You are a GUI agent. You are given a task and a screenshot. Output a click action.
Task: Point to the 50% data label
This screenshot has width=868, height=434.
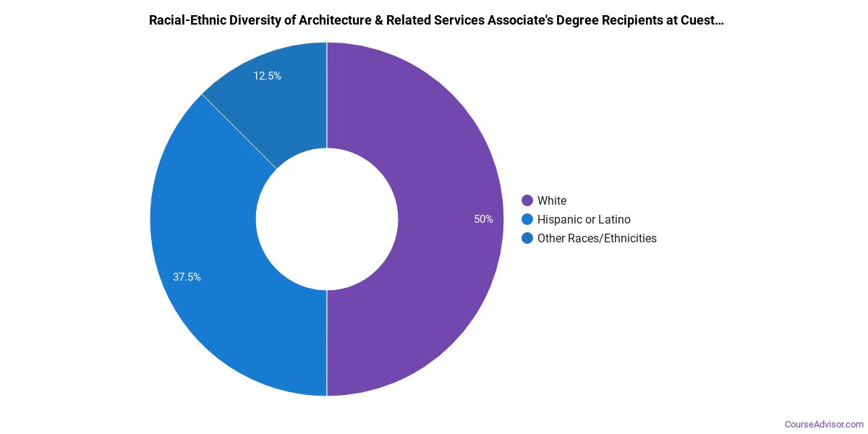483,219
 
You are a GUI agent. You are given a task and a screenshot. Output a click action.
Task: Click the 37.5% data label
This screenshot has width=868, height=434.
187,276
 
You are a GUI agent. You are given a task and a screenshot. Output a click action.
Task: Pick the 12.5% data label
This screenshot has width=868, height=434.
267,75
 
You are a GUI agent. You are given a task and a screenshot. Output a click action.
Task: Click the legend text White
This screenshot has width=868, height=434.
552,200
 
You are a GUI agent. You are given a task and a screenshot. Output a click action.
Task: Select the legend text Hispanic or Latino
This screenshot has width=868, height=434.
584,219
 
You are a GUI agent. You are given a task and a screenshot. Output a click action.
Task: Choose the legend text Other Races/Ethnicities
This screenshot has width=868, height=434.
597,238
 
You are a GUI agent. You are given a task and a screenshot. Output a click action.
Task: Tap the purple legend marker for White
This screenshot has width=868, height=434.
527,200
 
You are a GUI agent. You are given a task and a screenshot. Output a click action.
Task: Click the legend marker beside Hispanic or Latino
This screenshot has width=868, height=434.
527,219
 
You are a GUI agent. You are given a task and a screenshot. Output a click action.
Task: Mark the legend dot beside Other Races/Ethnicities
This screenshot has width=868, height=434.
527,238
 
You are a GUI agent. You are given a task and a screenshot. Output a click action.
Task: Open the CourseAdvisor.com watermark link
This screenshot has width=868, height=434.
824,424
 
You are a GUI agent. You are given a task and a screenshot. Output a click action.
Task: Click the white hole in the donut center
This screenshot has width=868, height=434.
327,219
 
